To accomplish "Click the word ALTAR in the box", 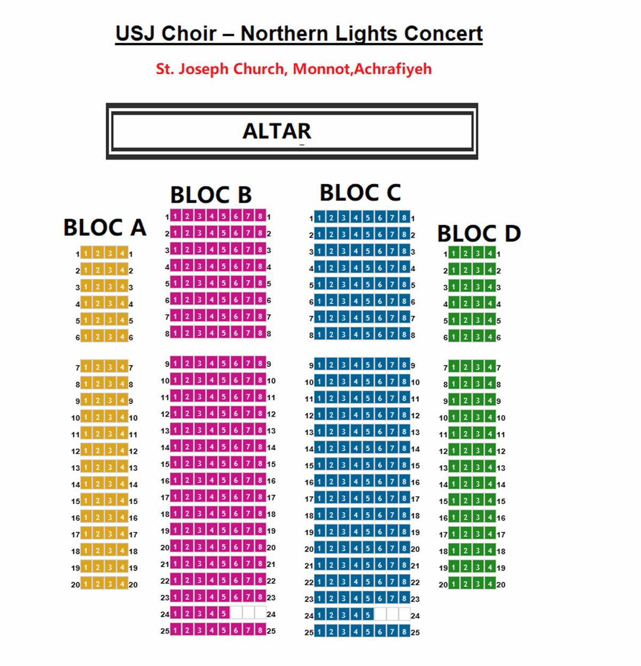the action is tap(277, 131).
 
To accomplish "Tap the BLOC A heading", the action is tap(105, 227).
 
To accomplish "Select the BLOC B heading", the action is tap(211, 195).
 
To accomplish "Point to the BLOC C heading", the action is tap(360, 192).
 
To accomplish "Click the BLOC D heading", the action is tap(479, 233).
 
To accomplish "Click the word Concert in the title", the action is tap(443, 34).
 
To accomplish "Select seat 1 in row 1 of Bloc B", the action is tap(175, 216).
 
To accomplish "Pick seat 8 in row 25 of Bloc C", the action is tap(404, 632).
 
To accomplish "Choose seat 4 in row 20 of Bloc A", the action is tap(122, 584).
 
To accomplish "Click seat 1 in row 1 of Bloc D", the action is tap(454, 253).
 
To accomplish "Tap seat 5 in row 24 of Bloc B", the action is tap(224, 614).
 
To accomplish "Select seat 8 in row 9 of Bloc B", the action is tap(261, 363).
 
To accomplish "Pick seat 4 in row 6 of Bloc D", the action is tap(490, 337).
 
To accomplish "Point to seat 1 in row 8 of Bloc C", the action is tap(319, 334).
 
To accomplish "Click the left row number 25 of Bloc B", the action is tap(165, 631).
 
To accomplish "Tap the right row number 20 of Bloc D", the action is tap(501, 584).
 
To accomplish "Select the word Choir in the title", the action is tap(189, 34).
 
